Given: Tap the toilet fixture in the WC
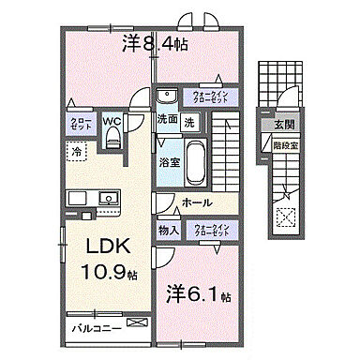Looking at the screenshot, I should point(113,139).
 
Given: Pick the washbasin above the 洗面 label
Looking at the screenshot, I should point(166,96).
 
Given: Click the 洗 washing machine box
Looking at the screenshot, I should point(188,121).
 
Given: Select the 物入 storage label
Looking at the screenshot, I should point(169,231).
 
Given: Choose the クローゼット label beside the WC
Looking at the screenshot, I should point(79,124).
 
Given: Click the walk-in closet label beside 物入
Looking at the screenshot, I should point(212,231).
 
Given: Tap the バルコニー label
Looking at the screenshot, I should point(93,329).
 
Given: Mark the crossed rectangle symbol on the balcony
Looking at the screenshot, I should point(138,323).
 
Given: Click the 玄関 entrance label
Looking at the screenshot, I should point(283,125).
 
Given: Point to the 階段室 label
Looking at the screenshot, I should point(283,145).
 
